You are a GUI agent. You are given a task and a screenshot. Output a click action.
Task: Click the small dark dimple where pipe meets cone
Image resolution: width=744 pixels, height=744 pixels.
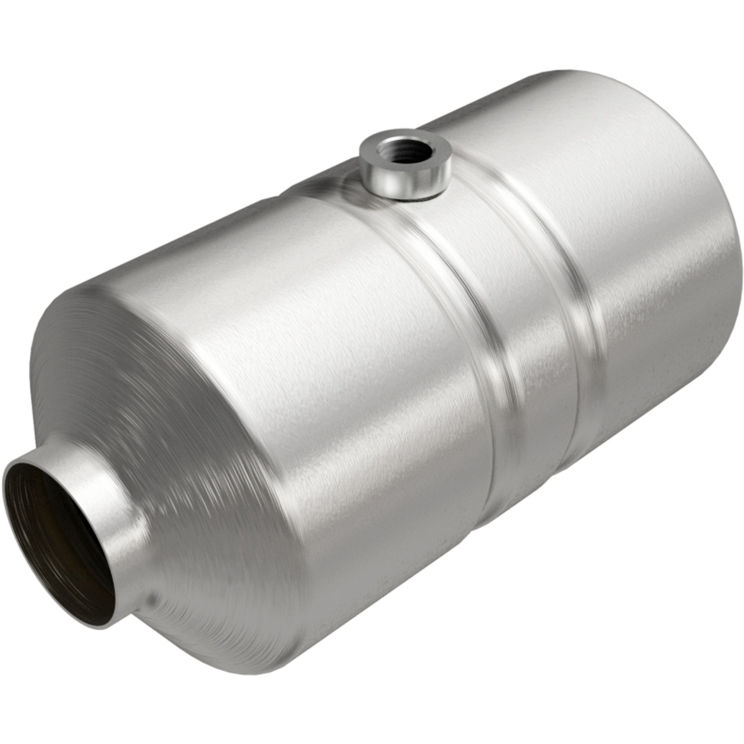click(152, 599)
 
